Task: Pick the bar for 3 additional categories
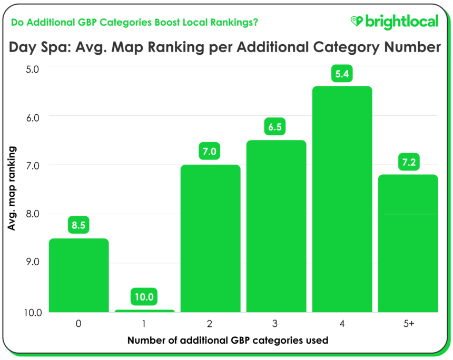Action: coord(276,226)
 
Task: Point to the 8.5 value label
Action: coord(78,225)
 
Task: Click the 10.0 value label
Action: coord(144,297)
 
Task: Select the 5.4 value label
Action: coord(342,74)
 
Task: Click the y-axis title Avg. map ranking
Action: coord(11,188)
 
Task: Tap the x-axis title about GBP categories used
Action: coord(228,340)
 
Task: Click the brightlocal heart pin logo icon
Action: coord(357,21)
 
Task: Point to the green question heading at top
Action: coord(134,23)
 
